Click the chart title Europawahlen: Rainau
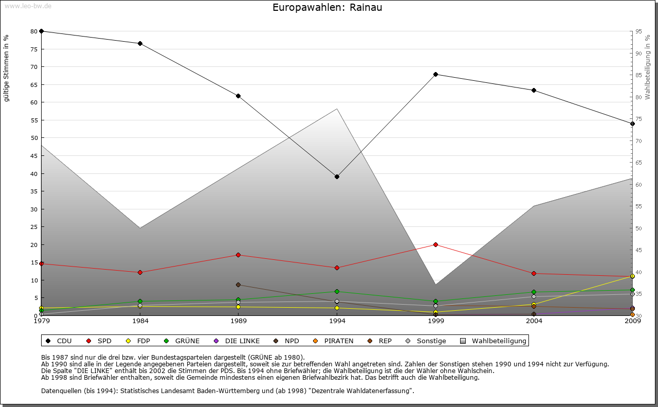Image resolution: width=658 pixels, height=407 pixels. pyautogui.click(x=327, y=8)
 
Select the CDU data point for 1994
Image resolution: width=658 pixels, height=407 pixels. pyautogui.click(x=337, y=176)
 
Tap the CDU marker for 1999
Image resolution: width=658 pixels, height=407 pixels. pyautogui.click(x=435, y=74)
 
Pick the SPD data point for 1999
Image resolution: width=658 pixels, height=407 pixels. pyautogui.click(x=435, y=244)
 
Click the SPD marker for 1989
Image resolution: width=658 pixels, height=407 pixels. pyautogui.click(x=238, y=255)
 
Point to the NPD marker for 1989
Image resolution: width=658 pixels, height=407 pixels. pyautogui.click(x=238, y=285)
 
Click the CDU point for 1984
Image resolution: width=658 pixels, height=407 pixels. pyautogui.click(x=140, y=43)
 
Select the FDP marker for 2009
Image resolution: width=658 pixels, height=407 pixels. pyautogui.click(x=632, y=276)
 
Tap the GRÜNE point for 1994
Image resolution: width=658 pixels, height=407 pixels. pyautogui.click(x=337, y=291)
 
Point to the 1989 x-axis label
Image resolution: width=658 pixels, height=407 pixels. pyautogui.click(x=238, y=322)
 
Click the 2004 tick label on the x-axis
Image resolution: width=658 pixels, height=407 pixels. pyautogui.click(x=534, y=322)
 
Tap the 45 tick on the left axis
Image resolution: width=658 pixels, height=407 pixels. pyautogui.click(x=34, y=155)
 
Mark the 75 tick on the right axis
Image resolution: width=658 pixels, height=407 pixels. pyautogui.click(x=638, y=119)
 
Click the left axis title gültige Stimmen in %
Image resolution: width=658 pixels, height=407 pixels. pyautogui.click(x=7, y=68)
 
